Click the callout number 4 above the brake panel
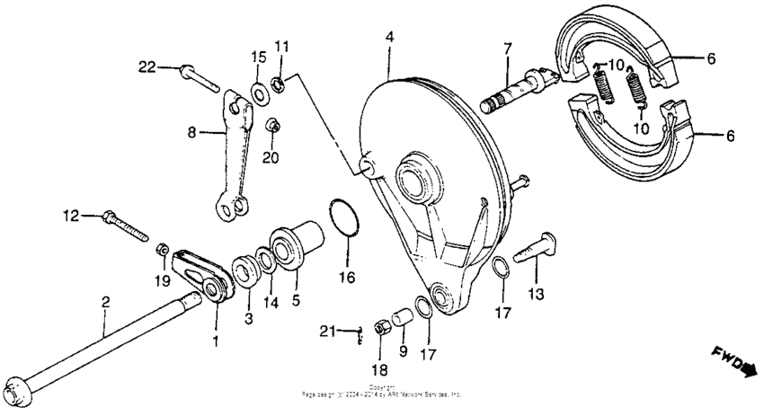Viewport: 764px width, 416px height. (389, 37)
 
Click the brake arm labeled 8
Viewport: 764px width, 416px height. (231, 153)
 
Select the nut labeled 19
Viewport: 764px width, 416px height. (163, 249)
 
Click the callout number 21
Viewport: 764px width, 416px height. (327, 332)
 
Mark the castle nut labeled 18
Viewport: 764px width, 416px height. (380, 327)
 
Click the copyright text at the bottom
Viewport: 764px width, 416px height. (382, 392)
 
